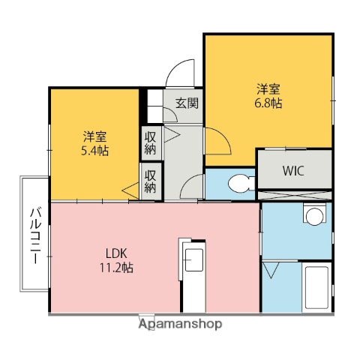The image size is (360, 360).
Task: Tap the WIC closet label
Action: tap(293, 169)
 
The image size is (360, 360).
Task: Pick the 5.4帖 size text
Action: tap(94, 150)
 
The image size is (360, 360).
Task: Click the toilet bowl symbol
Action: tap(239, 182)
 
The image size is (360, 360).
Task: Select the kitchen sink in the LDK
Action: tap(193, 260)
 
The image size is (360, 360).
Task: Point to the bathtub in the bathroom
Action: tap(316, 288)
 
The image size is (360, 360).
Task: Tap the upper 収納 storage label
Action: tap(151, 142)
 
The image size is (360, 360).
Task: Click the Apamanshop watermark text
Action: tap(179, 325)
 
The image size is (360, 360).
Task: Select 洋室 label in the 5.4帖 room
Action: tap(94, 136)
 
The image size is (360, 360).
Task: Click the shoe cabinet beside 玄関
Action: tap(154, 106)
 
